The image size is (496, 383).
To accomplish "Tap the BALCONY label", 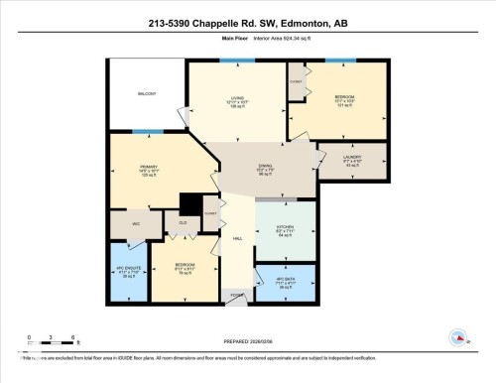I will point(149,94).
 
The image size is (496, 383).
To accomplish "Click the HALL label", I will point(237,239).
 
